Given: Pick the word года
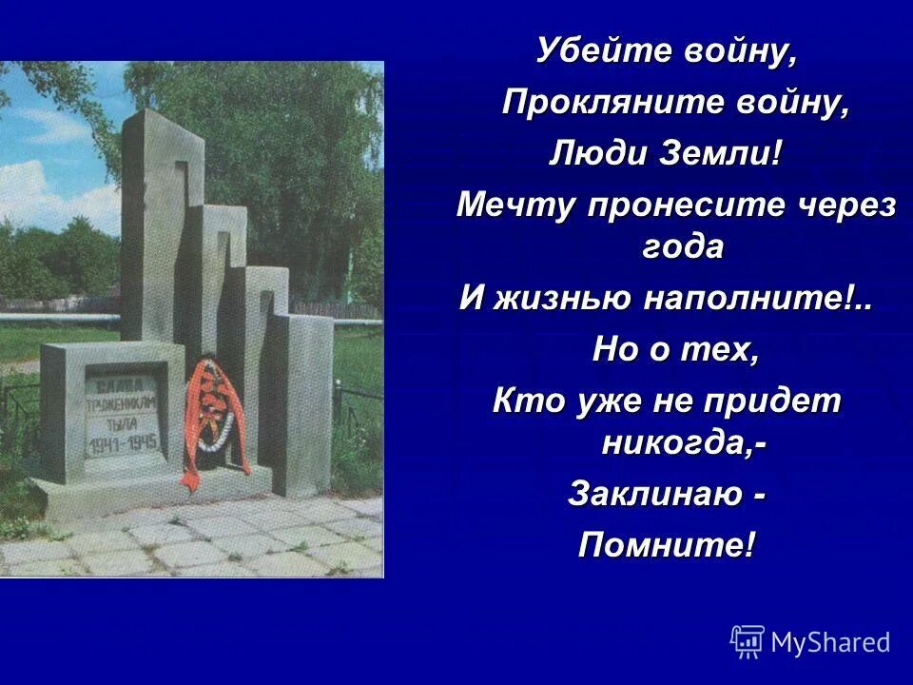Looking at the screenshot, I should pos(677,246).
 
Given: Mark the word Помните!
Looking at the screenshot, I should pos(669,545).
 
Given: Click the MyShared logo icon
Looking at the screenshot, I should pos(748,642).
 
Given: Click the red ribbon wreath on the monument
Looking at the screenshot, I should pos(214,419).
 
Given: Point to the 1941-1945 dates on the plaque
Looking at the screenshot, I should pos(124,444).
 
